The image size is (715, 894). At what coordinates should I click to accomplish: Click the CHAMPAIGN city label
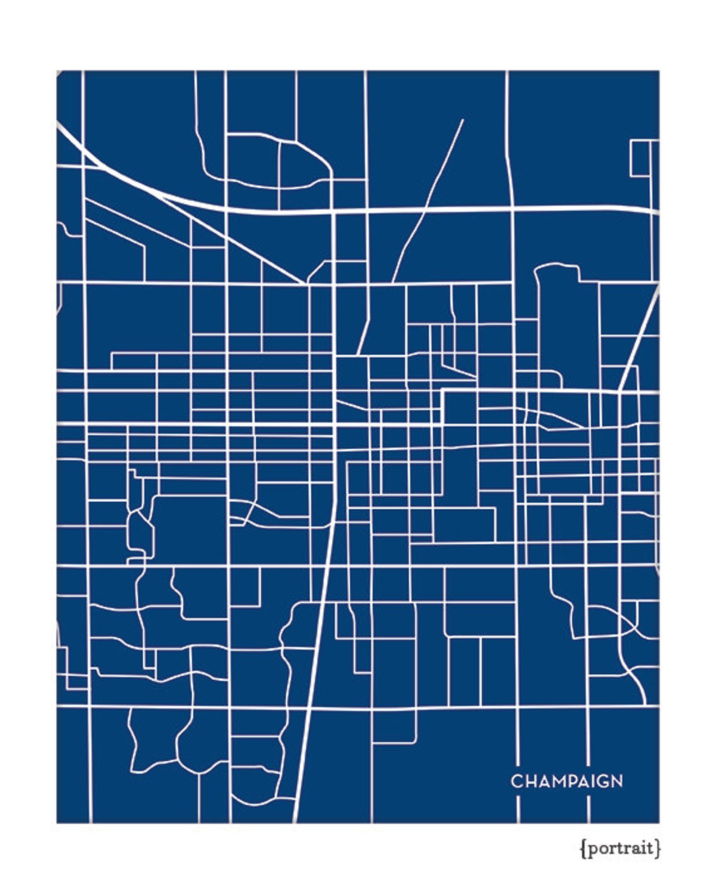[x=566, y=781]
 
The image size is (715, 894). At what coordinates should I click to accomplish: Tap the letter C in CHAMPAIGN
[x=516, y=781]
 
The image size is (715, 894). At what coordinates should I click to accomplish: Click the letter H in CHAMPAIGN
[x=529, y=781]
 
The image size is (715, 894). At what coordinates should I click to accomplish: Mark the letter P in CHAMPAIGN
[x=567, y=781]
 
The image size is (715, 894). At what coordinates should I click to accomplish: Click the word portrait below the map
[x=620, y=849]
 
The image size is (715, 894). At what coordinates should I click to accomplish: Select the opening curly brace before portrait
[x=583, y=849]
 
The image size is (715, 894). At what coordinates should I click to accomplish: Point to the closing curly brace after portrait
[x=658, y=849]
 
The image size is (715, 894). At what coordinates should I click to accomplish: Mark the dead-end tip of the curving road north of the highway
[x=462, y=120]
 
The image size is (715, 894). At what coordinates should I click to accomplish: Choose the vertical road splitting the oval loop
[x=279, y=176]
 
